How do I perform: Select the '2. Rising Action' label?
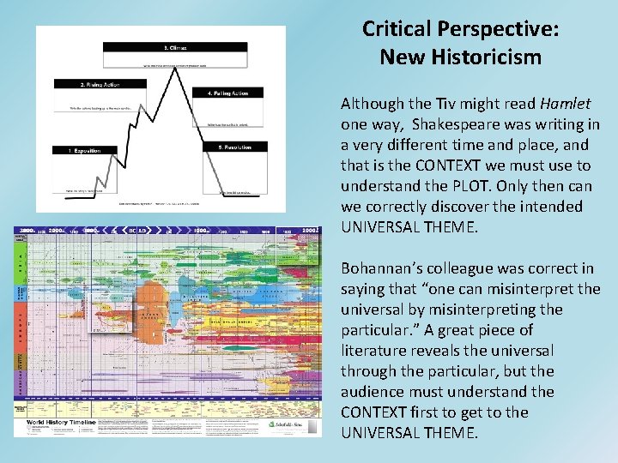coord(88,83)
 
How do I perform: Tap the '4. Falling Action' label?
coord(233,92)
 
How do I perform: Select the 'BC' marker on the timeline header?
coord(130,231)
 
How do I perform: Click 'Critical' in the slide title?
coord(397,29)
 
